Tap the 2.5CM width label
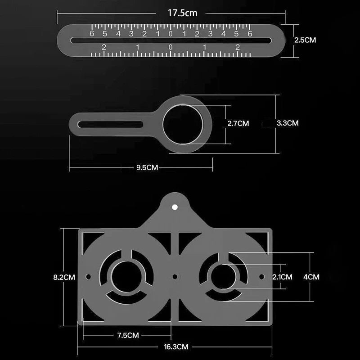pyautogui.click(x=305, y=40)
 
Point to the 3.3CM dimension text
pyautogui.click(x=287, y=123)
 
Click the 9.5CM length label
pyautogui.click(x=147, y=167)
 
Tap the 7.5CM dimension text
pyautogui.click(x=127, y=335)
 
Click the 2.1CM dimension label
pyautogui.click(x=282, y=277)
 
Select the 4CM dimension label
pyautogui.click(x=311, y=277)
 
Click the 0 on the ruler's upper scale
pyautogui.click(x=171, y=34)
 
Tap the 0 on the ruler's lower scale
pyautogui.click(x=171, y=47)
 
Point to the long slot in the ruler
pyautogui.click(x=171, y=40)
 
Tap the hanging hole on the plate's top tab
pyautogui.click(x=175, y=207)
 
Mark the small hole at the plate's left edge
pyautogui.click(x=88, y=276)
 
